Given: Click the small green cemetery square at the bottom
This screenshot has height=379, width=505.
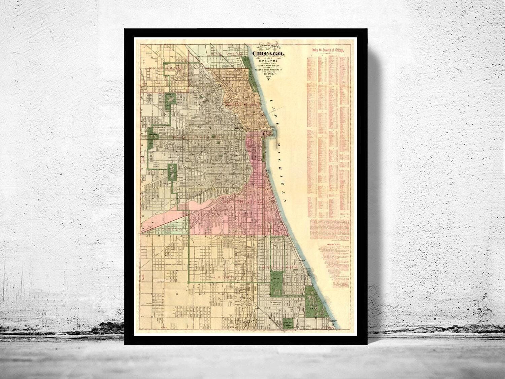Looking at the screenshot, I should [288, 324].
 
